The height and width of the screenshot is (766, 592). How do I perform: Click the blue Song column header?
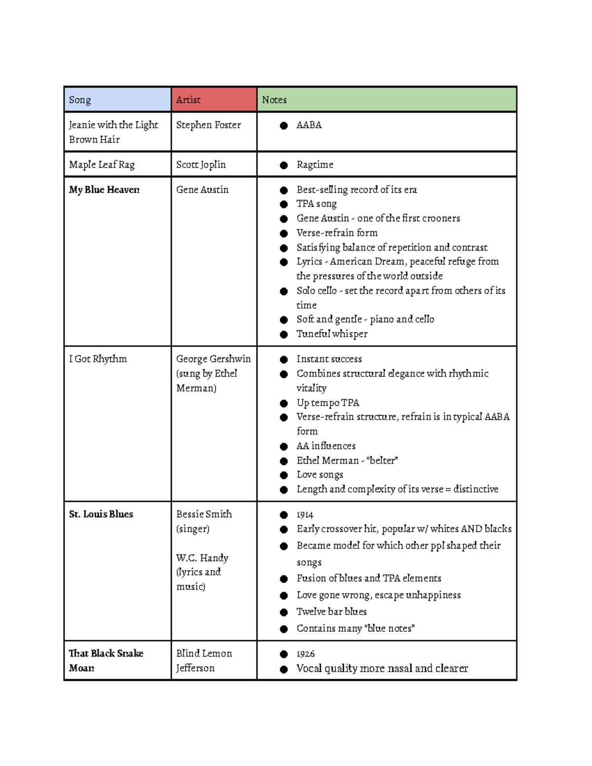tap(117, 100)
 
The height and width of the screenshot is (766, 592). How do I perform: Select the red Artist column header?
tap(214, 100)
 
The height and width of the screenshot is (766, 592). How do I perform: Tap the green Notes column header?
tap(386, 100)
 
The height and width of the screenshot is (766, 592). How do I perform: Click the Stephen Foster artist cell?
tap(209, 125)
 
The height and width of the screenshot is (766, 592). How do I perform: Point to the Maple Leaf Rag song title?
tap(102, 165)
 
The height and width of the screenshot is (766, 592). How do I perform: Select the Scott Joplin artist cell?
tap(201, 165)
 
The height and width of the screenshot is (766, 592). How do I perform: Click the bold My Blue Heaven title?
tap(104, 190)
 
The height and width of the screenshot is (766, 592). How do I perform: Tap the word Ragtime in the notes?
tap(315, 165)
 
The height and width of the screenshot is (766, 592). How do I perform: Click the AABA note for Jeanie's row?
tap(309, 125)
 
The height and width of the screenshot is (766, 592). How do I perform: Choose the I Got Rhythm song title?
tap(98, 359)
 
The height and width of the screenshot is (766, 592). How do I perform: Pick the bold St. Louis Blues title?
tap(101, 514)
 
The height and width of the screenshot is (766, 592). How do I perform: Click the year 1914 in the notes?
tap(305, 515)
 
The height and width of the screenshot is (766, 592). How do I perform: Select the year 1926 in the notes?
tap(305, 654)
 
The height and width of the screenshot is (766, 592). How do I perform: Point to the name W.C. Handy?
tap(202, 558)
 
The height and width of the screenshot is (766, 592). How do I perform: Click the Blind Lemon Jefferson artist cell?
tap(204, 660)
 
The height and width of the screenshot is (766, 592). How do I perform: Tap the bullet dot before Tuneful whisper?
tap(284, 334)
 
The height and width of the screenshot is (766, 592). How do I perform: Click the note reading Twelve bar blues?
tap(332, 612)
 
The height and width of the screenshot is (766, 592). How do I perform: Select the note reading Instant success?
tap(329, 359)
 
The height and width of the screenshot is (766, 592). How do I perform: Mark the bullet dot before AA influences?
tap(284, 447)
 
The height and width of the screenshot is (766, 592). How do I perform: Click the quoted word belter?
tap(382, 461)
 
